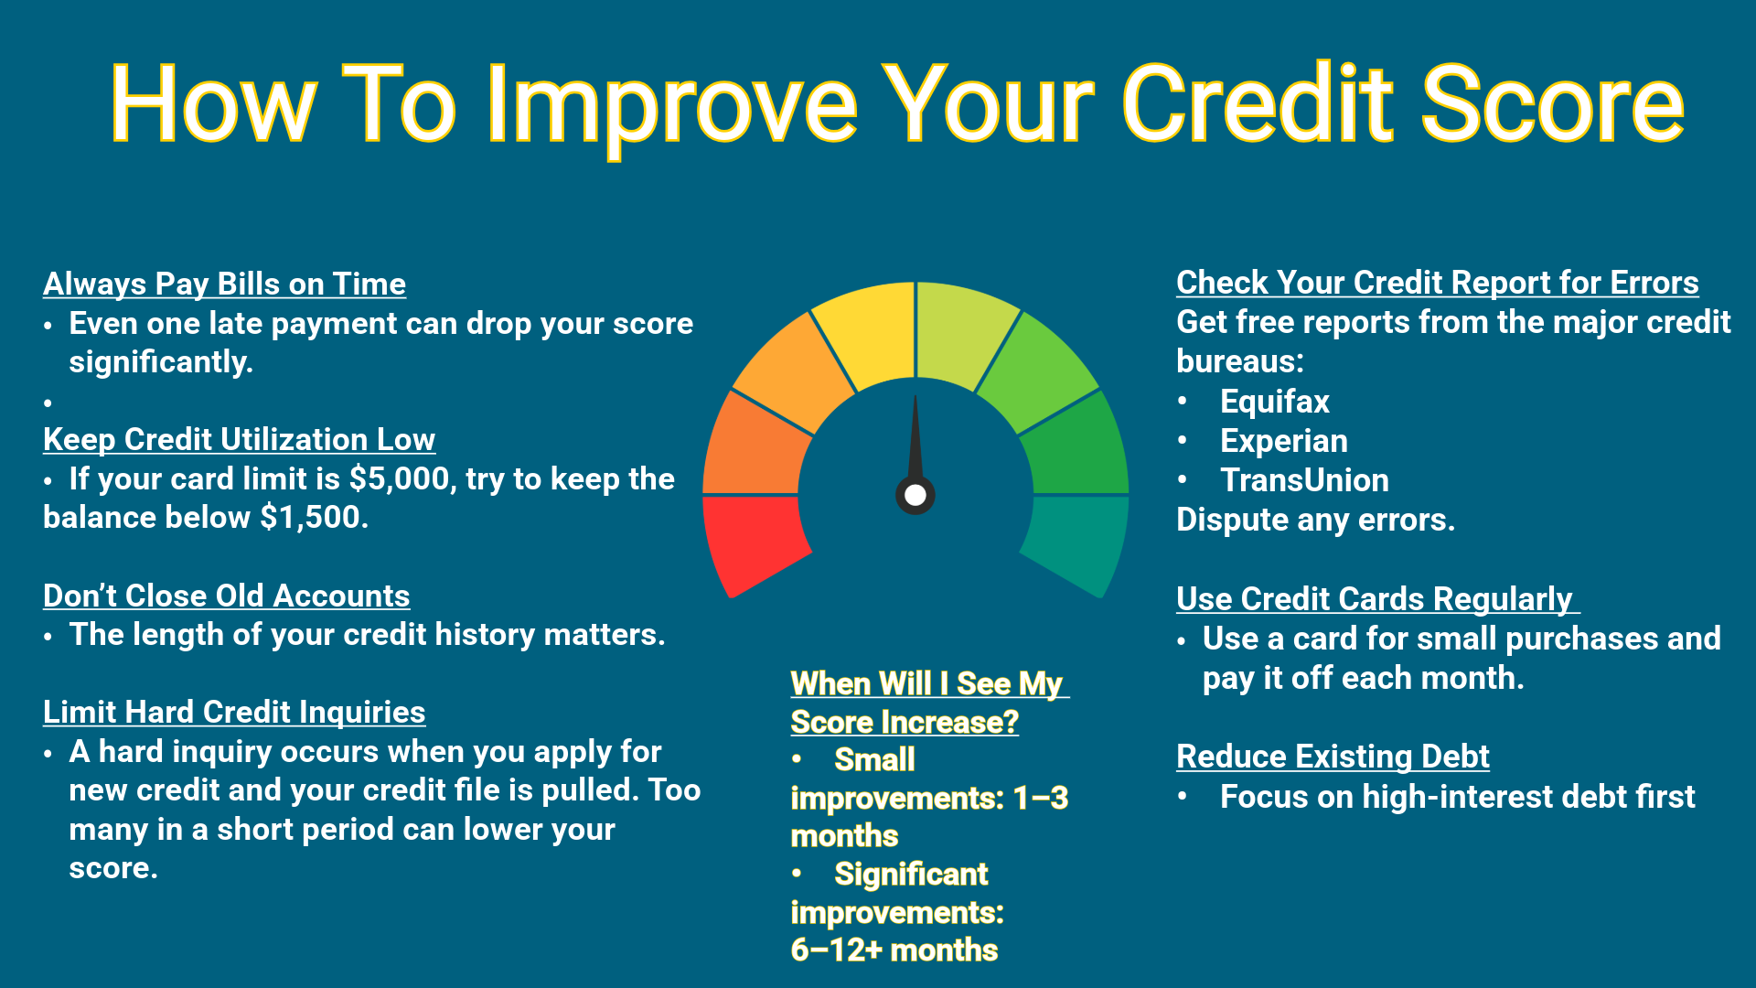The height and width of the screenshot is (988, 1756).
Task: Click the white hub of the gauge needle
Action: [915, 495]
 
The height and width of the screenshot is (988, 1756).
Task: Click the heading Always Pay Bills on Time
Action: [224, 285]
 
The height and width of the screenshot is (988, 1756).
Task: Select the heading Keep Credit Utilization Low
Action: [239, 440]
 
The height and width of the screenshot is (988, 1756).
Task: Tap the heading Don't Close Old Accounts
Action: [226, 596]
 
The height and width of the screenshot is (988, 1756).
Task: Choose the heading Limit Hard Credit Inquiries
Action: [234, 713]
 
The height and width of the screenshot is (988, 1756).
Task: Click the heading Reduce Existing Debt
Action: [1333, 757]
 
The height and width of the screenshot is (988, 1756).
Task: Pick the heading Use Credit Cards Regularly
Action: [1375, 599]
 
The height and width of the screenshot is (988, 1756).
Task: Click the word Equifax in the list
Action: [1274, 402]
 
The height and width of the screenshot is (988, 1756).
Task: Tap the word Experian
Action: [1283, 441]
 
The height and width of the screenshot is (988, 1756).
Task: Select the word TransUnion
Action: [1304, 480]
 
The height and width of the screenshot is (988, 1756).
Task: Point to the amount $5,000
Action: [400, 479]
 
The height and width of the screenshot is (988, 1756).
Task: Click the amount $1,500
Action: [314, 518]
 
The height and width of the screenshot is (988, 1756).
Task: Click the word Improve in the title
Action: [672, 105]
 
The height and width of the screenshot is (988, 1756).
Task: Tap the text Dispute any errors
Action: [1314, 520]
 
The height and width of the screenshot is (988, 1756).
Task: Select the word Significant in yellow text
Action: [911, 875]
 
